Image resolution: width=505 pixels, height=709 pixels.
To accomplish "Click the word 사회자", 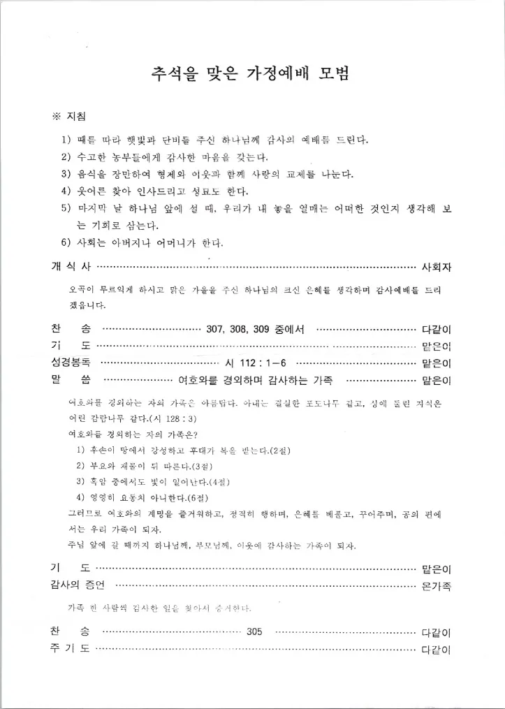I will point(437,266).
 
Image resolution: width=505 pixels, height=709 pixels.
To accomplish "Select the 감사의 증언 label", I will point(76,585).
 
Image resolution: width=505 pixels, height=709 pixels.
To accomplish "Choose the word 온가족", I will point(437,585).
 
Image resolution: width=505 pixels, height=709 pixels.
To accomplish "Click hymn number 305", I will point(254,631).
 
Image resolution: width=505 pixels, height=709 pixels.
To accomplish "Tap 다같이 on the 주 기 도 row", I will point(437,650).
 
